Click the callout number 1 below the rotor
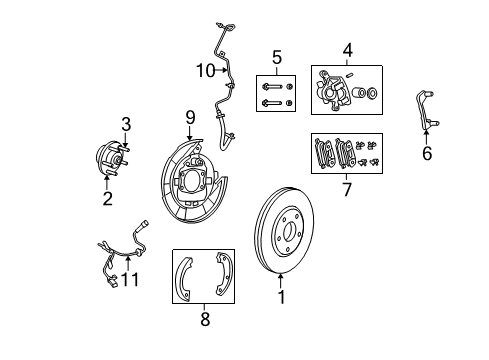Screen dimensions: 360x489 [x=281, y=296]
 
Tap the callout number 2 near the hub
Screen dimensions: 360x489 [x=107, y=198]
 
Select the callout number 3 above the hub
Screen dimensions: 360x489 [x=126, y=124]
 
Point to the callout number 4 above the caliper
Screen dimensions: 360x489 [x=348, y=48]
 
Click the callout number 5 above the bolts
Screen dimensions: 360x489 [x=277, y=57]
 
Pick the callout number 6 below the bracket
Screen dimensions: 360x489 [x=427, y=154]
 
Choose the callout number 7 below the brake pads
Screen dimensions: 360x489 [x=347, y=188]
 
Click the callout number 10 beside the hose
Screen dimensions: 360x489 [x=206, y=70]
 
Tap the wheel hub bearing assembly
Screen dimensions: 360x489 [x=113, y=161]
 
